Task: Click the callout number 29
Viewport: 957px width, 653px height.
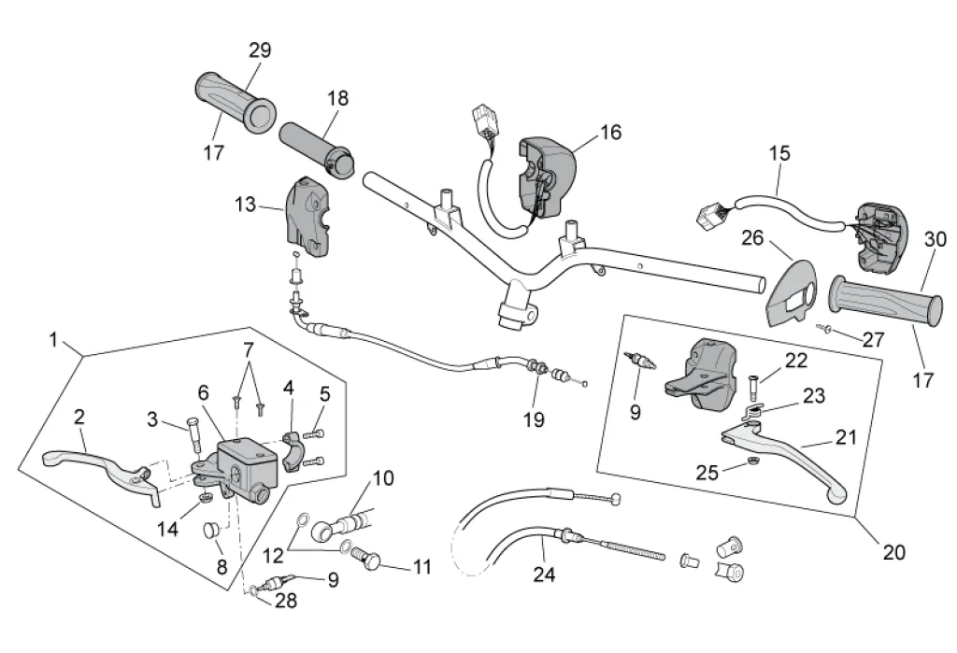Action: click(x=260, y=50)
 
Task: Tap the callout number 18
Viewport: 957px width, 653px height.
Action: click(x=337, y=99)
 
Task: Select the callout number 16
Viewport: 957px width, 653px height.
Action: click(x=609, y=132)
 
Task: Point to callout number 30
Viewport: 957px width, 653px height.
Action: click(x=935, y=240)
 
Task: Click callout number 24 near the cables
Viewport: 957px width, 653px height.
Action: click(x=544, y=574)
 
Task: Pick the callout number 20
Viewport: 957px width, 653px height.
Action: click(x=893, y=552)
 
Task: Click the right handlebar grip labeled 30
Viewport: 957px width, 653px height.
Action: click(x=883, y=300)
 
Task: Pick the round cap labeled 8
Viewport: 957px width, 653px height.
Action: click(x=210, y=532)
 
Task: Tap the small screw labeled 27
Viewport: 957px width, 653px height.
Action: click(x=823, y=328)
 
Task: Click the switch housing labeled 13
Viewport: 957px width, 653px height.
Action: click(x=307, y=215)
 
